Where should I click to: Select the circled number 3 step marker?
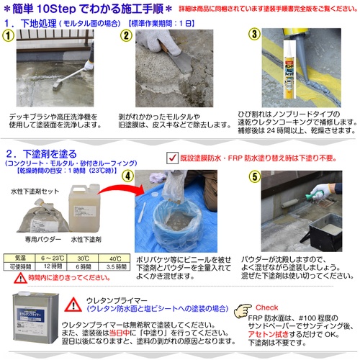tap(253, 36)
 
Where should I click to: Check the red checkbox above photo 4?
tap(171, 156)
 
